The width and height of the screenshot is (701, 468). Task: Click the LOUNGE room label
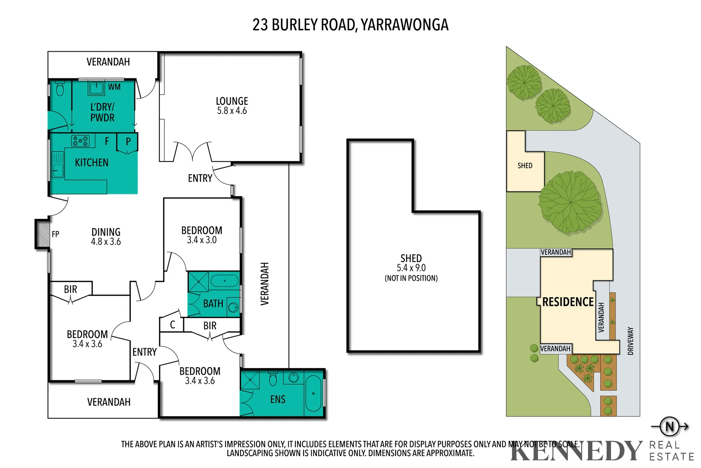click(x=232, y=101)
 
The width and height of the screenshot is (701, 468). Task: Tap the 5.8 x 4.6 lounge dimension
click(x=232, y=111)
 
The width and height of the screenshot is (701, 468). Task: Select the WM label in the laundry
click(x=114, y=87)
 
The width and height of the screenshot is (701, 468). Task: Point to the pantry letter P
click(x=128, y=142)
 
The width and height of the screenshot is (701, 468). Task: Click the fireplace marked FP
click(x=43, y=234)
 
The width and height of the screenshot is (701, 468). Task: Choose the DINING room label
click(x=106, y=232)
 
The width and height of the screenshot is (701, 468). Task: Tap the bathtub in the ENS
click(x=313, y=393)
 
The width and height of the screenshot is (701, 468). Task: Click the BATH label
click(x=213, y=304)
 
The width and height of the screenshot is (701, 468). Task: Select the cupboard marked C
click(x=172, y=325)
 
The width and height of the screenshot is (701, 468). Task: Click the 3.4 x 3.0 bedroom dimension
click(x=202, y=240)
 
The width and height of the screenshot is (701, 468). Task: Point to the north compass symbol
click(x=669, y=426)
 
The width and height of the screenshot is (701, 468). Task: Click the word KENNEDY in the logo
click(x=576, y=450)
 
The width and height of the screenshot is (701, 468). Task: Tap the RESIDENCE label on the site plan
click(x=568, y=302)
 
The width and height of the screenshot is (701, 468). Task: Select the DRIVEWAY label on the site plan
click(x=630, y=341)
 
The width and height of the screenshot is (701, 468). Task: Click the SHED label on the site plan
click(x=525, y=166)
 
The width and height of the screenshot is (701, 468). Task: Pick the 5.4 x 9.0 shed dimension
click(x=411, y=268)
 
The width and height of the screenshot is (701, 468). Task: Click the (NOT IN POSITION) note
click(x=411, y=278)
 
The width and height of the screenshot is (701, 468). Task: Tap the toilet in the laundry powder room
click(x=60, y=89)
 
